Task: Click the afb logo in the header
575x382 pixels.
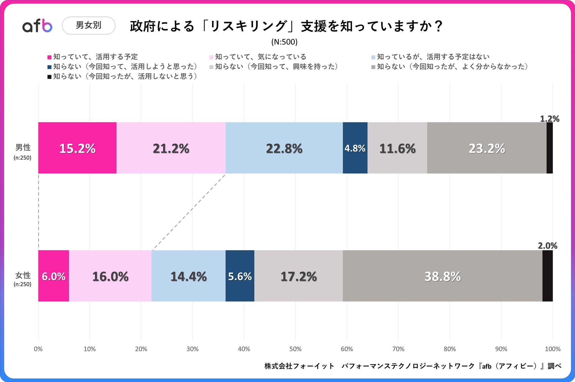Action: (37, 26)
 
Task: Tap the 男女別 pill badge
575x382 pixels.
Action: (88, 25)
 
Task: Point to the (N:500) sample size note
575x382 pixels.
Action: (284, 42)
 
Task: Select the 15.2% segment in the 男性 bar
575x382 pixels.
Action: (77, 148)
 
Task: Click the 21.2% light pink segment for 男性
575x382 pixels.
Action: (171, 148)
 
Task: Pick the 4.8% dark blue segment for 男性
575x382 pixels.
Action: (355, 148)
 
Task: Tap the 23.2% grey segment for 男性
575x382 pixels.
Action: (487, 148)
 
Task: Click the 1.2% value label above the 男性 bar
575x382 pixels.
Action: (549, 119)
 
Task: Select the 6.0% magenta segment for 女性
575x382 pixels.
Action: (54, 276)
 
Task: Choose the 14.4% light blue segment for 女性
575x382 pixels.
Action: (188, 276)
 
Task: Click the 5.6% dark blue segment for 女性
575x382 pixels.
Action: (240, 276)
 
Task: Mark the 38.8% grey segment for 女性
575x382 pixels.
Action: (442, 276)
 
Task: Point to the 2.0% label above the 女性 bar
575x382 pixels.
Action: (548, 245)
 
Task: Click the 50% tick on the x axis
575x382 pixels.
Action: (295, 349)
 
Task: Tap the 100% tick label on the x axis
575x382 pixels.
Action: (552, 349)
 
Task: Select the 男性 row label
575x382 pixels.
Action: (23, 147)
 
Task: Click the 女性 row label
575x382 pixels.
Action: (23, 276)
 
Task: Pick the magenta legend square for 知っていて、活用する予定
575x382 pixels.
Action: (50, 57)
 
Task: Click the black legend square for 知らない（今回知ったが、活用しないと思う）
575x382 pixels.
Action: (50, 77)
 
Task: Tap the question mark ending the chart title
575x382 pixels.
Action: (438, 26)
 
